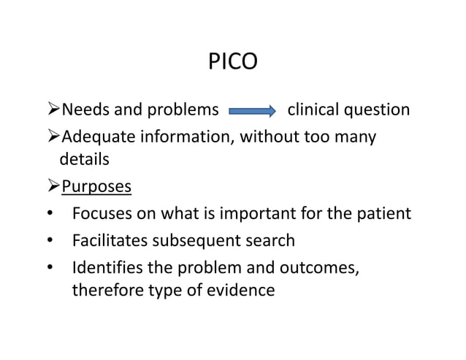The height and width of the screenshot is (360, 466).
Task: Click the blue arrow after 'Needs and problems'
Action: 253,112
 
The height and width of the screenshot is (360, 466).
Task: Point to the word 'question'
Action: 378,112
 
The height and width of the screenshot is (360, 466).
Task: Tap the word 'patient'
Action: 385,213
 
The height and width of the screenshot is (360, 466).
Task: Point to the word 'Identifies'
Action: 107,266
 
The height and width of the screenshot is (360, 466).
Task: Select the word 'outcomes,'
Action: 321,266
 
